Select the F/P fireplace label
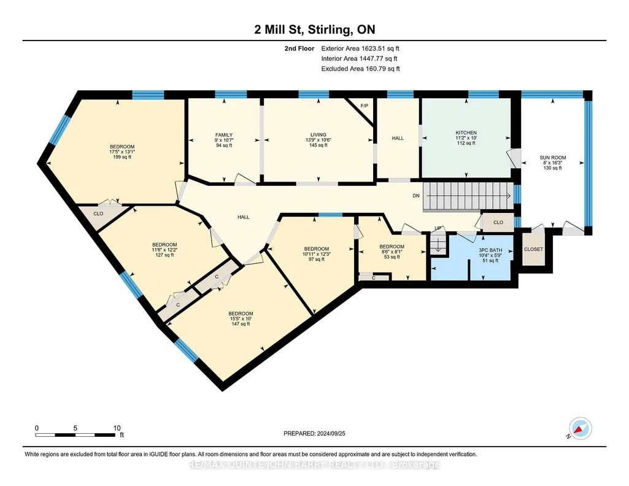pos(365,106)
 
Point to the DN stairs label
pos(416,196)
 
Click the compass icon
pos(580,429)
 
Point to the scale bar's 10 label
pos(117,428)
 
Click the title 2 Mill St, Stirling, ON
pos(315,29)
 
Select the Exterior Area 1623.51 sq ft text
pos(360,48)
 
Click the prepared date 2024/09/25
pos(331,433)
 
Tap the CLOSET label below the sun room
pos(533,249)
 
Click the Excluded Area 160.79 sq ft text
pos(361,69)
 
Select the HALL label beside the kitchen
pos(398,138)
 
